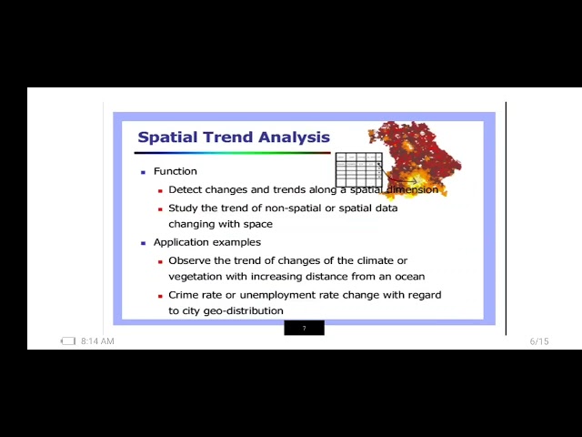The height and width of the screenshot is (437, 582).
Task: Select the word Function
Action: click(175, 171)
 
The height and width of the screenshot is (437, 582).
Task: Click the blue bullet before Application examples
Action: click(143, 243)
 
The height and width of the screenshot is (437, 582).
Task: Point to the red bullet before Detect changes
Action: click(160, 190)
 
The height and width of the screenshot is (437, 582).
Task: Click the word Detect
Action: click(186, 189)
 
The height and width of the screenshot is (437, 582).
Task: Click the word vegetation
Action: click(196, 277)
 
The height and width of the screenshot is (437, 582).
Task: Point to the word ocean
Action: click(407, 277)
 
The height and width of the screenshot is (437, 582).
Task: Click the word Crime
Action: click(185, 295)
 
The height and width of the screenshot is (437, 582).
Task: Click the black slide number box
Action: click(304, 328)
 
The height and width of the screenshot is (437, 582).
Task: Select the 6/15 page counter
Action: click(539, 341)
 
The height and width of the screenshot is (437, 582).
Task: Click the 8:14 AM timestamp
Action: click(97, 341)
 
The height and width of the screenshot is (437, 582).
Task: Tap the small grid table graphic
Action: click(359, 169)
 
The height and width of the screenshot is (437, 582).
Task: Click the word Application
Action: click(182, 242)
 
